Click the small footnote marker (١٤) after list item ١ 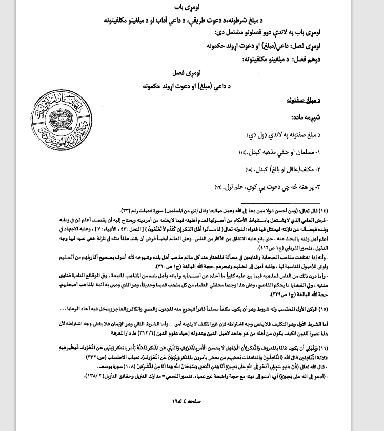pos(242,153)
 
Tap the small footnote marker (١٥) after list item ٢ pos(249,169)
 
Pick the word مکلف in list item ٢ pos(304,169)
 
